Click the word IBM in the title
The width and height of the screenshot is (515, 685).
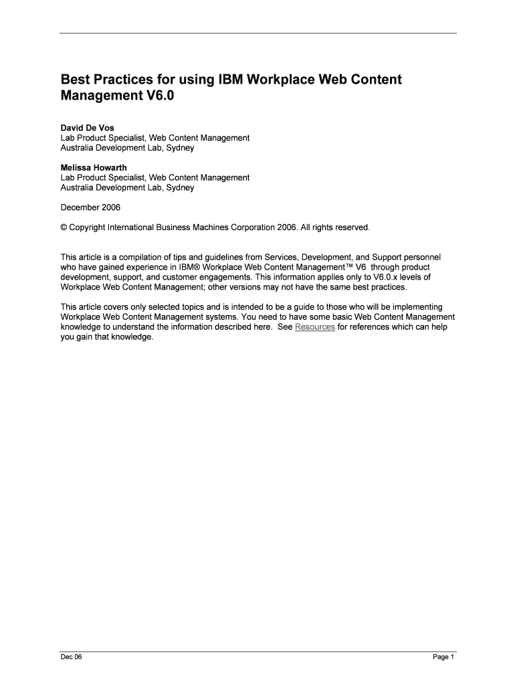click(229, 80)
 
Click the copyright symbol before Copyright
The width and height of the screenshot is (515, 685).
click(64, 227)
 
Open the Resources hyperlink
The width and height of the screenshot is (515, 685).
click(315, 327)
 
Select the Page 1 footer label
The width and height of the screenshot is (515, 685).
click(443, 657)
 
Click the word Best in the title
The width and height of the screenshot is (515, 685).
click(76, 80)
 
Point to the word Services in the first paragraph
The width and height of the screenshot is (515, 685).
click(281, 257)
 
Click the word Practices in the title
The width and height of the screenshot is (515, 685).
click(129, 80)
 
